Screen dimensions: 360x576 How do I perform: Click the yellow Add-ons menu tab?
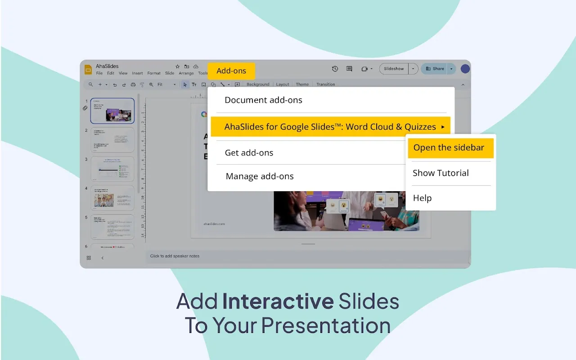pyautogui.click(x=231, y=71)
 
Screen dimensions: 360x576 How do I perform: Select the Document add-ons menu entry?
pyautogui.click(x=263, y=100)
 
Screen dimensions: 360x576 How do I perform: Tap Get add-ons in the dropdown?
pyautogui.click(x=249, y=153)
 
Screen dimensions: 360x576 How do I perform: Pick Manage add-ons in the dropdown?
pyautogui.click(x=260, y=176)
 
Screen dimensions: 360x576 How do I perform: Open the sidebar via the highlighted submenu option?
pyautogui.click(x=449, y=148)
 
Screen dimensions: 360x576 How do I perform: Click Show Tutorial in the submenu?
pyautogui.click(x=441, y=173)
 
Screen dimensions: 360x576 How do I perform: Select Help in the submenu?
pyautogui.click(x=422, y=198)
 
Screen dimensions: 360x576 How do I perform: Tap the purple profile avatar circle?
pyautogui.click(x=465, y=69)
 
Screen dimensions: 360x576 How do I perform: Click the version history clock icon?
pyautogui.click(x=335, y=69)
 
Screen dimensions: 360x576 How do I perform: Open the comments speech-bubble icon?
pyautogui.click(x=349, y=69)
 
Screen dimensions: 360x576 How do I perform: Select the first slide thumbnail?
pyautogui.click(x=112, y=111)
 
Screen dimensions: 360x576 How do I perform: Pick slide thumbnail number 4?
pyautogui.click(x=112, y=198)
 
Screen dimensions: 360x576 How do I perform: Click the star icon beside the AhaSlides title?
pyautogui.click(x=178, y=67)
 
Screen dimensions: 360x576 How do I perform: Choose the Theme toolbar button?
pyautogui.click(x=302, y=85)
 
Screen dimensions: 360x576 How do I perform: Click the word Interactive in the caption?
pyautogui.click(x=278, y=301)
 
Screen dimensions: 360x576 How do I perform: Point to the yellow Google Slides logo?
pyautogui.click(x=88, y=69)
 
